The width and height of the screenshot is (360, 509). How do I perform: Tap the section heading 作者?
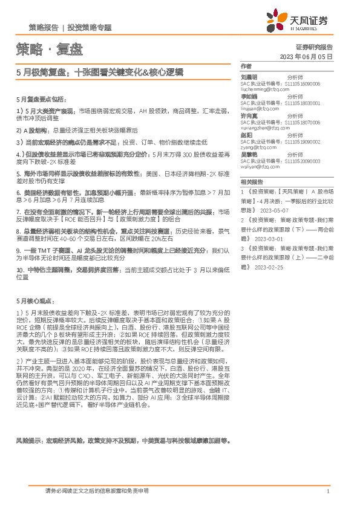(245, 66)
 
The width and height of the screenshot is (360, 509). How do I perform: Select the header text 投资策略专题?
(90, 28)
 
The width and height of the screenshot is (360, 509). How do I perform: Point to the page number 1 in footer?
(327, 491)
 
